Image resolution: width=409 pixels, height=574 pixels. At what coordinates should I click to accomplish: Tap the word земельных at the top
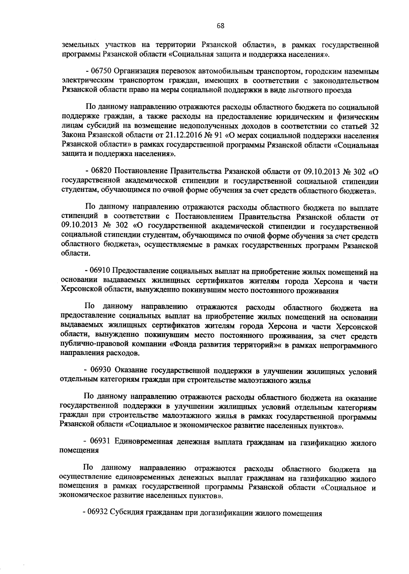point(81,45)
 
